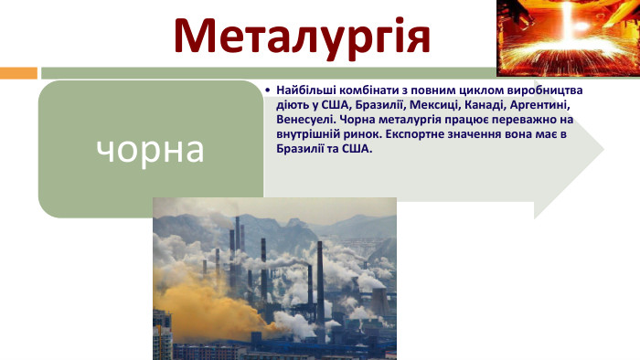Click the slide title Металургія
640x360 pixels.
coord(302,34)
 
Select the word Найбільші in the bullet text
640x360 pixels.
coord(305,91)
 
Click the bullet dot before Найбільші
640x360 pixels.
coord(266,91)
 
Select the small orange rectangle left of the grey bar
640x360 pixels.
coord(18,72)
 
